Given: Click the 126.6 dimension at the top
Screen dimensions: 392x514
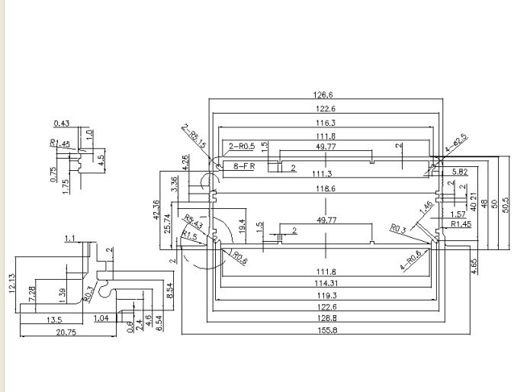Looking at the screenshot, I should click(x=325, y=95).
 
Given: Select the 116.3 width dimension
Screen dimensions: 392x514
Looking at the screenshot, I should click(x=325, y=123).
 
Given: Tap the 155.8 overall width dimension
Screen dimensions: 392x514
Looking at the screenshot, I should click(x=325, y=329).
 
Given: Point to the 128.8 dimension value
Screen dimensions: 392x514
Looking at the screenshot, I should click(x=325, y=316).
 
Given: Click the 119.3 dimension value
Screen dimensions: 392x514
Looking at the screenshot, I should click(x=325, y=294).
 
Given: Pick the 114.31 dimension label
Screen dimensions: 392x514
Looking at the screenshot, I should click(x=325, y=283).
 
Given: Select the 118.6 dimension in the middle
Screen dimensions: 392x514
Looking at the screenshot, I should click(x=325, y=188).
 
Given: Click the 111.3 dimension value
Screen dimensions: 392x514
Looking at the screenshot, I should click(x=325, y=173).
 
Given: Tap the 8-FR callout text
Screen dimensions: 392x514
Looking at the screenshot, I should click(x=244, y=165).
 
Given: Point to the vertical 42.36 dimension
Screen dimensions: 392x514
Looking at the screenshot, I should click(x=156, y=210).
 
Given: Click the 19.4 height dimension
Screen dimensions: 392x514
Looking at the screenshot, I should click(x=242, y=225).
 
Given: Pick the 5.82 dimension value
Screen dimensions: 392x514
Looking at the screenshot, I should click(x=458, y=172).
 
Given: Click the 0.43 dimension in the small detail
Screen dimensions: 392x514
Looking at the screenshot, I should click(x=61, y=124).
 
